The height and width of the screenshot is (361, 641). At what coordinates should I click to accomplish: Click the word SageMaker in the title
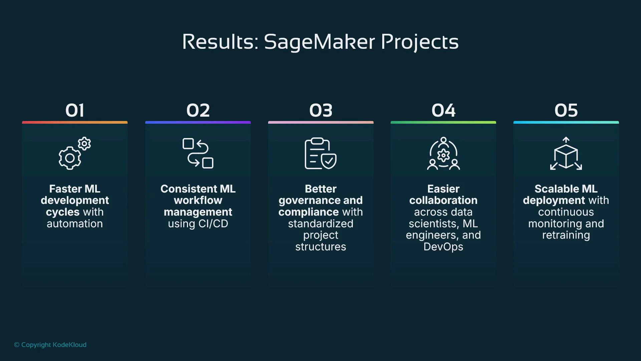point(319,42)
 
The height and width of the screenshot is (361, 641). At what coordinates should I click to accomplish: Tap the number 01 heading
point(75,110)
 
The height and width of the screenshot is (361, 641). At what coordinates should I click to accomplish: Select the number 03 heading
point(321,110)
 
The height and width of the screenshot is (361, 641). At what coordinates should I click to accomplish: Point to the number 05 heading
point(566,110)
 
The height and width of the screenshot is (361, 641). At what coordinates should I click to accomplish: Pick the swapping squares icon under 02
point(198,153)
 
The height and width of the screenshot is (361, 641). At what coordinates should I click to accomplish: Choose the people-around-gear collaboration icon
point(443,153)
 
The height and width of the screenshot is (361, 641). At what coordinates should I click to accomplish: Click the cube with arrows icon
point(566,153)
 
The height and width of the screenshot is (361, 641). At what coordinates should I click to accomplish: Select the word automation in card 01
point(75,224)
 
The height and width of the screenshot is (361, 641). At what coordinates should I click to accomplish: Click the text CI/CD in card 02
point(213,224)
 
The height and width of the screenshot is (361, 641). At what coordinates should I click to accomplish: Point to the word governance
point(309,201)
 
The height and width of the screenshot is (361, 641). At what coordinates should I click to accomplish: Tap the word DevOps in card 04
point(443,247)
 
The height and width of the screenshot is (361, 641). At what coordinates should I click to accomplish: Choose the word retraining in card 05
point(566,235)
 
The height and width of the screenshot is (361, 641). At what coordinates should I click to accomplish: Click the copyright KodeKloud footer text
point(50,345)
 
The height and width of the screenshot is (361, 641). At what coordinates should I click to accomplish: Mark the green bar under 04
point(443,122)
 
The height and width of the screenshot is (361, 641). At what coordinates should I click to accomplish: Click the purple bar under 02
point(198,122)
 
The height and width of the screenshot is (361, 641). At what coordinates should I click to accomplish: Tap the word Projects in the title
point(420,42)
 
